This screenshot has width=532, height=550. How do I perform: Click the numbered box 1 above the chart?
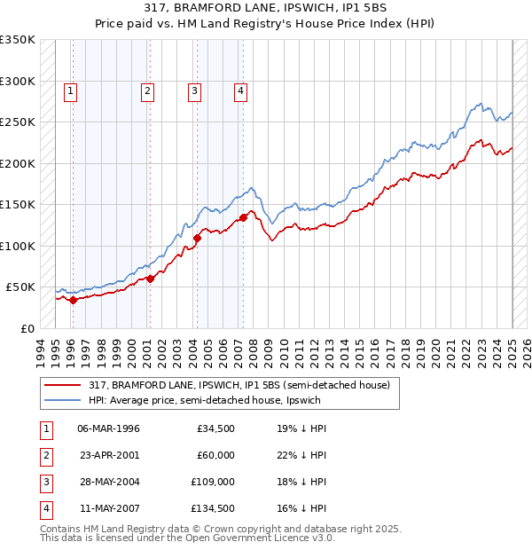pos(70,89)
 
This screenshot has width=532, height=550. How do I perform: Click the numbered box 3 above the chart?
pos(194,89)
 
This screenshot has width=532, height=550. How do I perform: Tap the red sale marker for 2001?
pos(150,279)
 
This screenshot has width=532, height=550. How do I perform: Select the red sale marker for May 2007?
pos(243,217)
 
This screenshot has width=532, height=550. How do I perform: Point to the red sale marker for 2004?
pos(198,238)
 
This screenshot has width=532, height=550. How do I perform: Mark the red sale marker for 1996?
pos(73,300)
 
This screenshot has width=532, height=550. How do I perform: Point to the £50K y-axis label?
pos(20,287)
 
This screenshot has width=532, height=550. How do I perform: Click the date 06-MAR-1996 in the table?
pos(109,428)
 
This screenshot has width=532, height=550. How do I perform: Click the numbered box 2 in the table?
pos(45,455)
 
